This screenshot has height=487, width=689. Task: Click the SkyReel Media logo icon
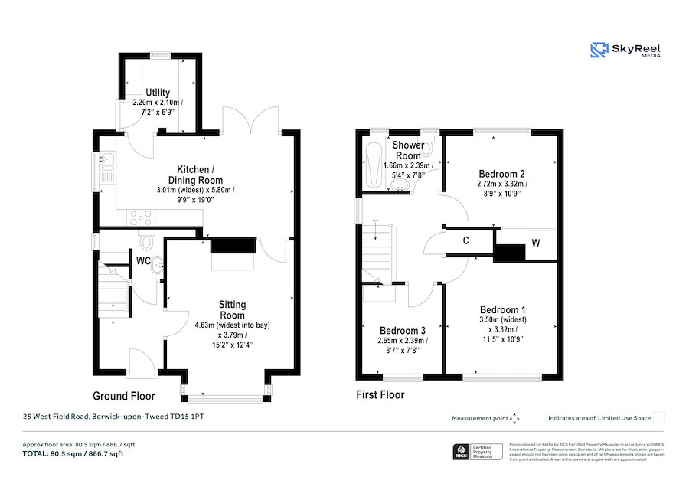point(599,51)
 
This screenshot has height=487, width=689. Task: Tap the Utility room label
point(158,93)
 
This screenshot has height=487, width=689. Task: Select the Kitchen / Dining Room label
point(196,174)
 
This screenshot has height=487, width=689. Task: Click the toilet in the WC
point(147,243)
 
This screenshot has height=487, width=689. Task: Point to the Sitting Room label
point(233,309)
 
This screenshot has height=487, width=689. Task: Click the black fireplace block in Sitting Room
point(232,246)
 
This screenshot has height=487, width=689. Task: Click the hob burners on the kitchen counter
point(142,216)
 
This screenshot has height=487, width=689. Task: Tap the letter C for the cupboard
point(465,240)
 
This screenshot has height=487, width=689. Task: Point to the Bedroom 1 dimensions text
point(502,329)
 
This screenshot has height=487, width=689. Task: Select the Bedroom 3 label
point(401,331)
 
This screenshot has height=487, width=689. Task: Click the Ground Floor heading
point(124,396)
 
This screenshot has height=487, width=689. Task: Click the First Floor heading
point(380,395)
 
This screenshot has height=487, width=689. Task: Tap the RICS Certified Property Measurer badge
point(478,452)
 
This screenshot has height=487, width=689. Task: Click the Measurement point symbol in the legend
point(514,418)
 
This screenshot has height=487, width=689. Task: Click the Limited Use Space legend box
point(658,417)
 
